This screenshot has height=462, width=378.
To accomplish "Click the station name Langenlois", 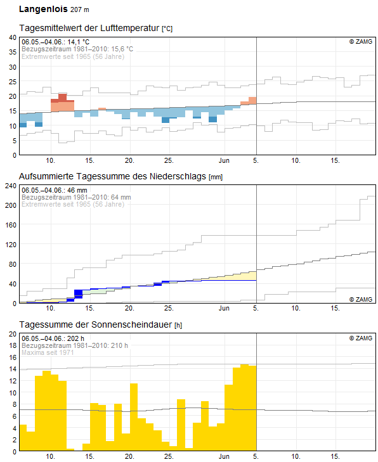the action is (x=43, y=9).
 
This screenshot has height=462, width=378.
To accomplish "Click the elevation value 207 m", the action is (x=80, y=10).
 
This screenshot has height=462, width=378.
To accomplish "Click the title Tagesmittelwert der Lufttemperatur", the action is (x=89, y=28).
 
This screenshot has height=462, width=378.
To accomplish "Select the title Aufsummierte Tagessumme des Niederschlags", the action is (x=112, y=176).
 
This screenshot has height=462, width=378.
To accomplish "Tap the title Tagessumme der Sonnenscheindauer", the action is (x=96, y=324).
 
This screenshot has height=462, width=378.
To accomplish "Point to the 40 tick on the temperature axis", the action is (x=13, y=37).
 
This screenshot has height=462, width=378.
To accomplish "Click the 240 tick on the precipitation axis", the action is (x=11, y=186).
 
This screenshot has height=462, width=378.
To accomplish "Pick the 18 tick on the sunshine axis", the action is (x=13, y=345).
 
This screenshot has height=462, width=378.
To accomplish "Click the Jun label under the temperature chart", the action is (x=224, y=160).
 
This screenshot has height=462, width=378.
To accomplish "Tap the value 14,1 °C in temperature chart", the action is (x=78, y=42).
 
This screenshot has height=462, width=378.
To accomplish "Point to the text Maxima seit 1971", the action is (x=48, y=352).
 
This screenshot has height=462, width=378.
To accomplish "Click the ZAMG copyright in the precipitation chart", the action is (x=361, y=299).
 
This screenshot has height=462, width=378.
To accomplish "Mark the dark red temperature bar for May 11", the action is (x=63, y=98).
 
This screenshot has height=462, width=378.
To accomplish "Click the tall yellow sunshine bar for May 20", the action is (x=134, y=416).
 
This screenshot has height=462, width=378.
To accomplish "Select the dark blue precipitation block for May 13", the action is (x=79, y=294).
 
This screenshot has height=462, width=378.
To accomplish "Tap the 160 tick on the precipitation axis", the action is (x=11, y=225).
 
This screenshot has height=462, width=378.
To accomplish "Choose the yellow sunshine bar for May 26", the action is (x=181, y=425).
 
